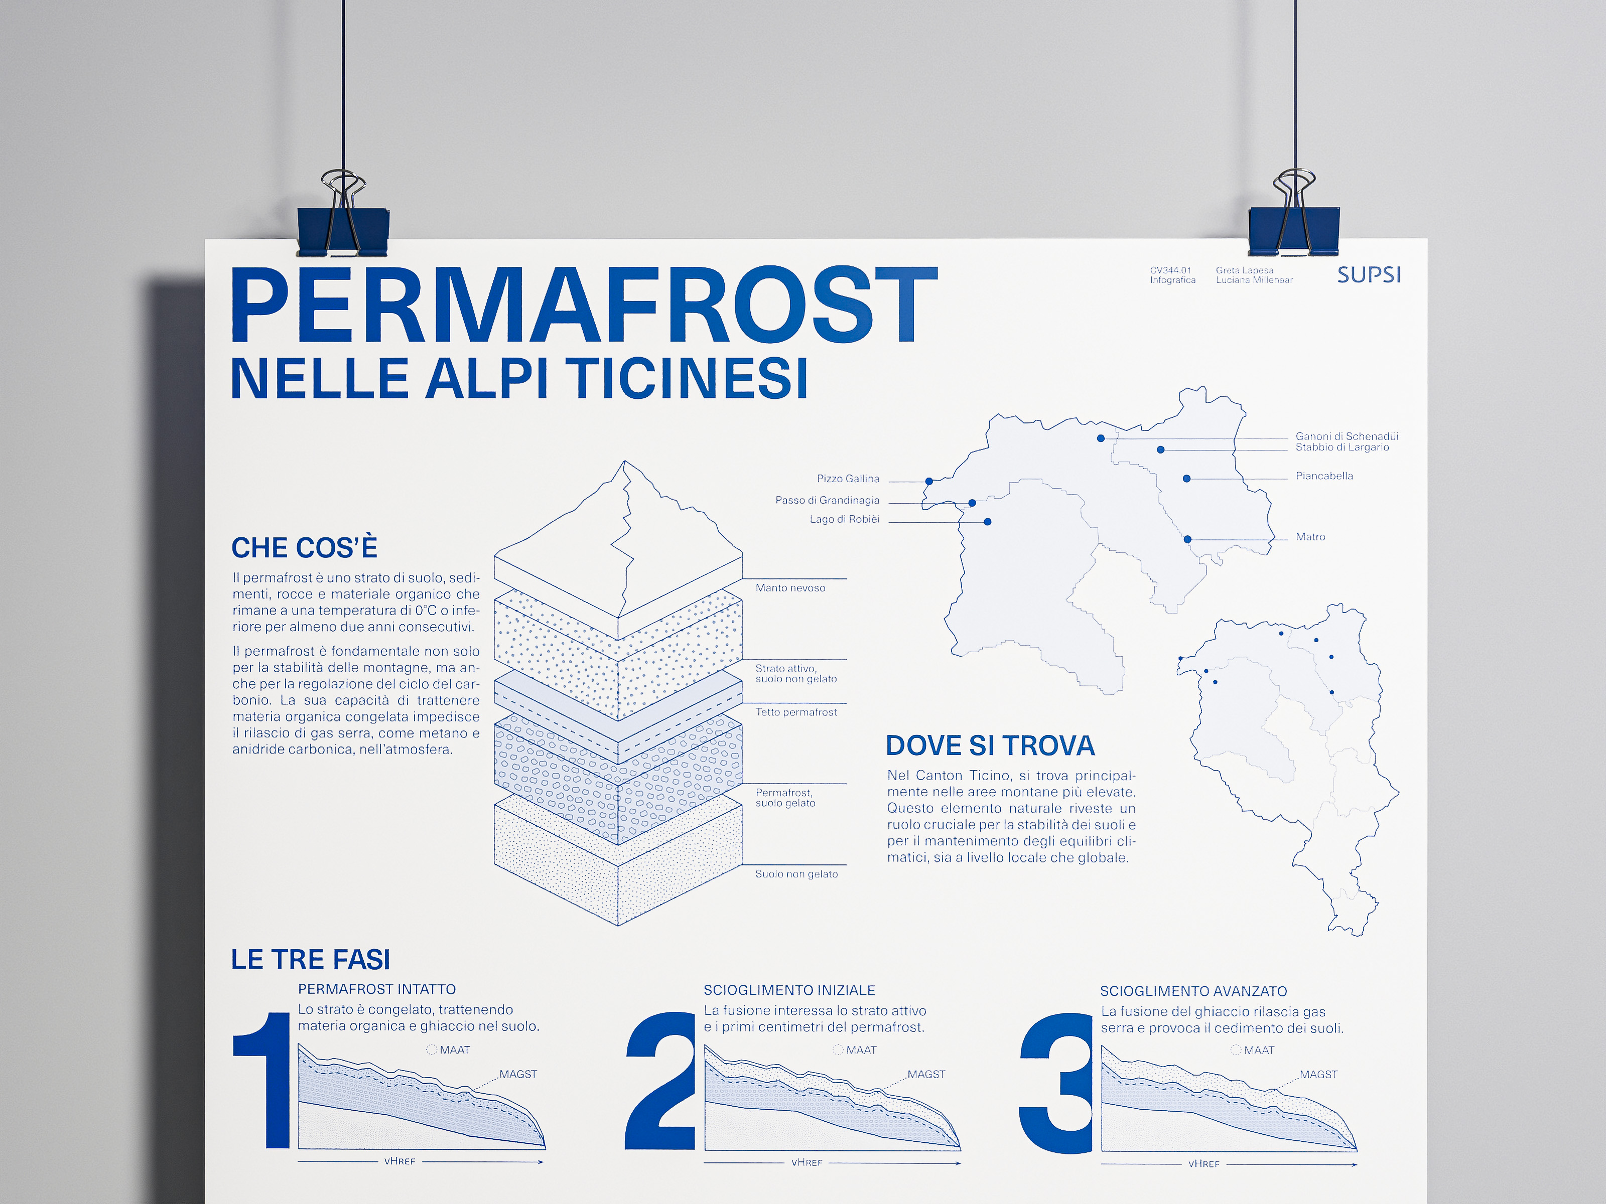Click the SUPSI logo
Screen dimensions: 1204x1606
(1369, 275)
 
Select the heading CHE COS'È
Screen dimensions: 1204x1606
(304, 548)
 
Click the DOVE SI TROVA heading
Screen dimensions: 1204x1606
(990, 746)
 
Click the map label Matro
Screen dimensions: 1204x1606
(1310, 537)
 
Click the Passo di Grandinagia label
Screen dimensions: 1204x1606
(827, 501)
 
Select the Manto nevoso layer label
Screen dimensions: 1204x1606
(790, 588)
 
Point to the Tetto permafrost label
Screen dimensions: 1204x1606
(796, 712)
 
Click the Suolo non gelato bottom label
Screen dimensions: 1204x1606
(796, 874)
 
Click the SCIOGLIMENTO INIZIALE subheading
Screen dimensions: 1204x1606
(789, 990)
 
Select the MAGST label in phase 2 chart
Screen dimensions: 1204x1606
(925, 1074)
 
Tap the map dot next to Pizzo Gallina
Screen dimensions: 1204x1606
(928, 481)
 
